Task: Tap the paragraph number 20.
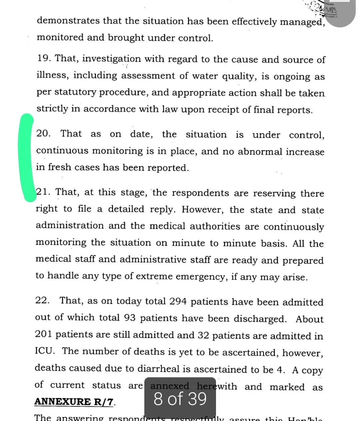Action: pyautogui.click(x=43, y=133)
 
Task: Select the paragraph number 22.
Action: pyautogui.click(x=42, y=300)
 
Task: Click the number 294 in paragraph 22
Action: pyautogui.click(x=178, y=301)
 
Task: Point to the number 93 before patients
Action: pyautogui.click(x=130, y=318)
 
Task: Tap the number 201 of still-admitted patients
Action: pyautogui.click(x=43, y=334)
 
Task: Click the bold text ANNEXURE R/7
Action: pyautogui.click(x=74, y=402)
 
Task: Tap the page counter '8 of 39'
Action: pyautogui.click(x=180, y=399)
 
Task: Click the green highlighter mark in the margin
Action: pyautogui.click(x=27, y=157)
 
